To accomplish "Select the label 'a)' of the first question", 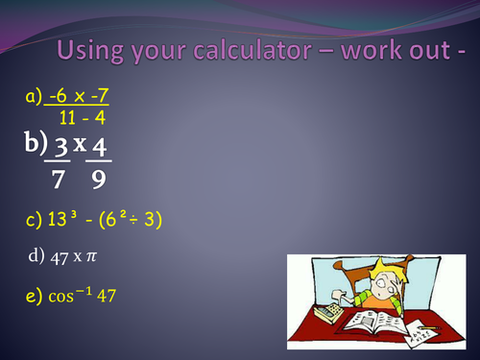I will [34, 97].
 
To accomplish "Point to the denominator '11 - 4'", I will [81, 118].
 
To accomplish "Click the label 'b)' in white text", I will [36, 144].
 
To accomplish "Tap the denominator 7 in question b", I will [59, 180].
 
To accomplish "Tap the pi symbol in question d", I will [95, 256].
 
